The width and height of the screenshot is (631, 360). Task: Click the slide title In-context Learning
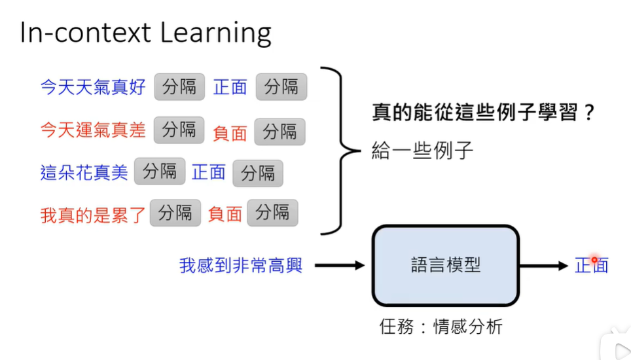point(145,33)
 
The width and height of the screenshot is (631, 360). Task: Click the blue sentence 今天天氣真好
point(93,87)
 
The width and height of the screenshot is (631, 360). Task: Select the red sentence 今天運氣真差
point(93,130)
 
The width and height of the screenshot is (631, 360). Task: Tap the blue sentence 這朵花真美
point(84,173)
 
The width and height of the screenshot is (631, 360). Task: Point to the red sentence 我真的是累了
point(92,214)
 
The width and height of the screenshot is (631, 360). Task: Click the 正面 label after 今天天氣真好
point(230,87)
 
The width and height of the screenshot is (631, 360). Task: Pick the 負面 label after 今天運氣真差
point(230,133)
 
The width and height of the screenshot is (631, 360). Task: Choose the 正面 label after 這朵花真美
point(209,172)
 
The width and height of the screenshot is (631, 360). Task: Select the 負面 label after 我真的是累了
point(225,214)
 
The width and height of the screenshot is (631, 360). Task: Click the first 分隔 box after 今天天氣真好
point(179,87)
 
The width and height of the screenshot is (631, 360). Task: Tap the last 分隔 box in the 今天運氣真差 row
point(279,132)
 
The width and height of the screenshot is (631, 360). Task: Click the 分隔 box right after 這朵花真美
point(160,172)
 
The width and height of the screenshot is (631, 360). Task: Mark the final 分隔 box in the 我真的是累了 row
point(272,213)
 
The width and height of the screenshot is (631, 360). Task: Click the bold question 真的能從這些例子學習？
point(483,113)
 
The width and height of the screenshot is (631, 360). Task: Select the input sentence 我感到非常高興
point(241,266)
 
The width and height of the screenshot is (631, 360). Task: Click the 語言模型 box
point(445,265)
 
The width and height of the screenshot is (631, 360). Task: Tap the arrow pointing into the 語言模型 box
point(338,265)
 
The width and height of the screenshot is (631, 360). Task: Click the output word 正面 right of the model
point(592,265)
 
